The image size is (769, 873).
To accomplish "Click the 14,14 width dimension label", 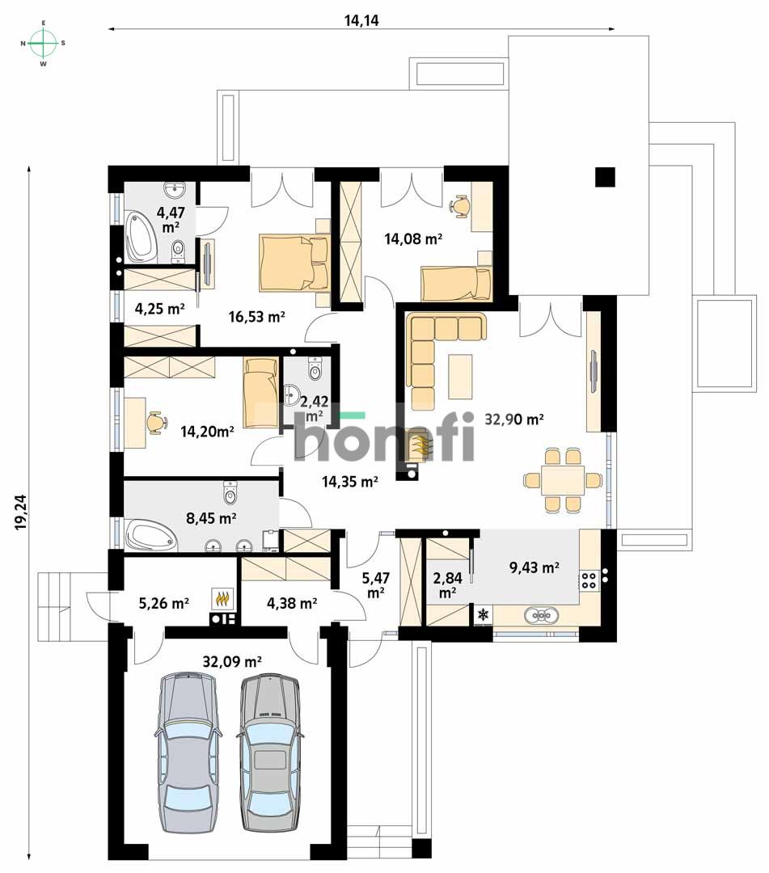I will click(361, 21).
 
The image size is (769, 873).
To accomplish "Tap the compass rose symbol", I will click(44, 42).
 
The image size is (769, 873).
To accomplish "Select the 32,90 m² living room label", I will click(513, 420).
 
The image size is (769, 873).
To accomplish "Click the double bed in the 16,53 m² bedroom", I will click(294, 263).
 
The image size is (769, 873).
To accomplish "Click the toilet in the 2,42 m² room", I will click(315, 368).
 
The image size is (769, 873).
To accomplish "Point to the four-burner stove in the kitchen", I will click(589, 580).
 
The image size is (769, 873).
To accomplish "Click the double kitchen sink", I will click(543, 616).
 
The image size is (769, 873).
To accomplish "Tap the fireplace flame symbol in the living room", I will click(417, 445).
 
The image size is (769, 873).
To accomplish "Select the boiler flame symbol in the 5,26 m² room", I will click(222, 600).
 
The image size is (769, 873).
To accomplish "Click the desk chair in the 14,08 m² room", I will click(461, 206).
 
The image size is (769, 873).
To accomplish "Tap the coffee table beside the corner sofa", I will click(462, 375).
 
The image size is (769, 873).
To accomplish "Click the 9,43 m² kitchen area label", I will click(534, 568).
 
